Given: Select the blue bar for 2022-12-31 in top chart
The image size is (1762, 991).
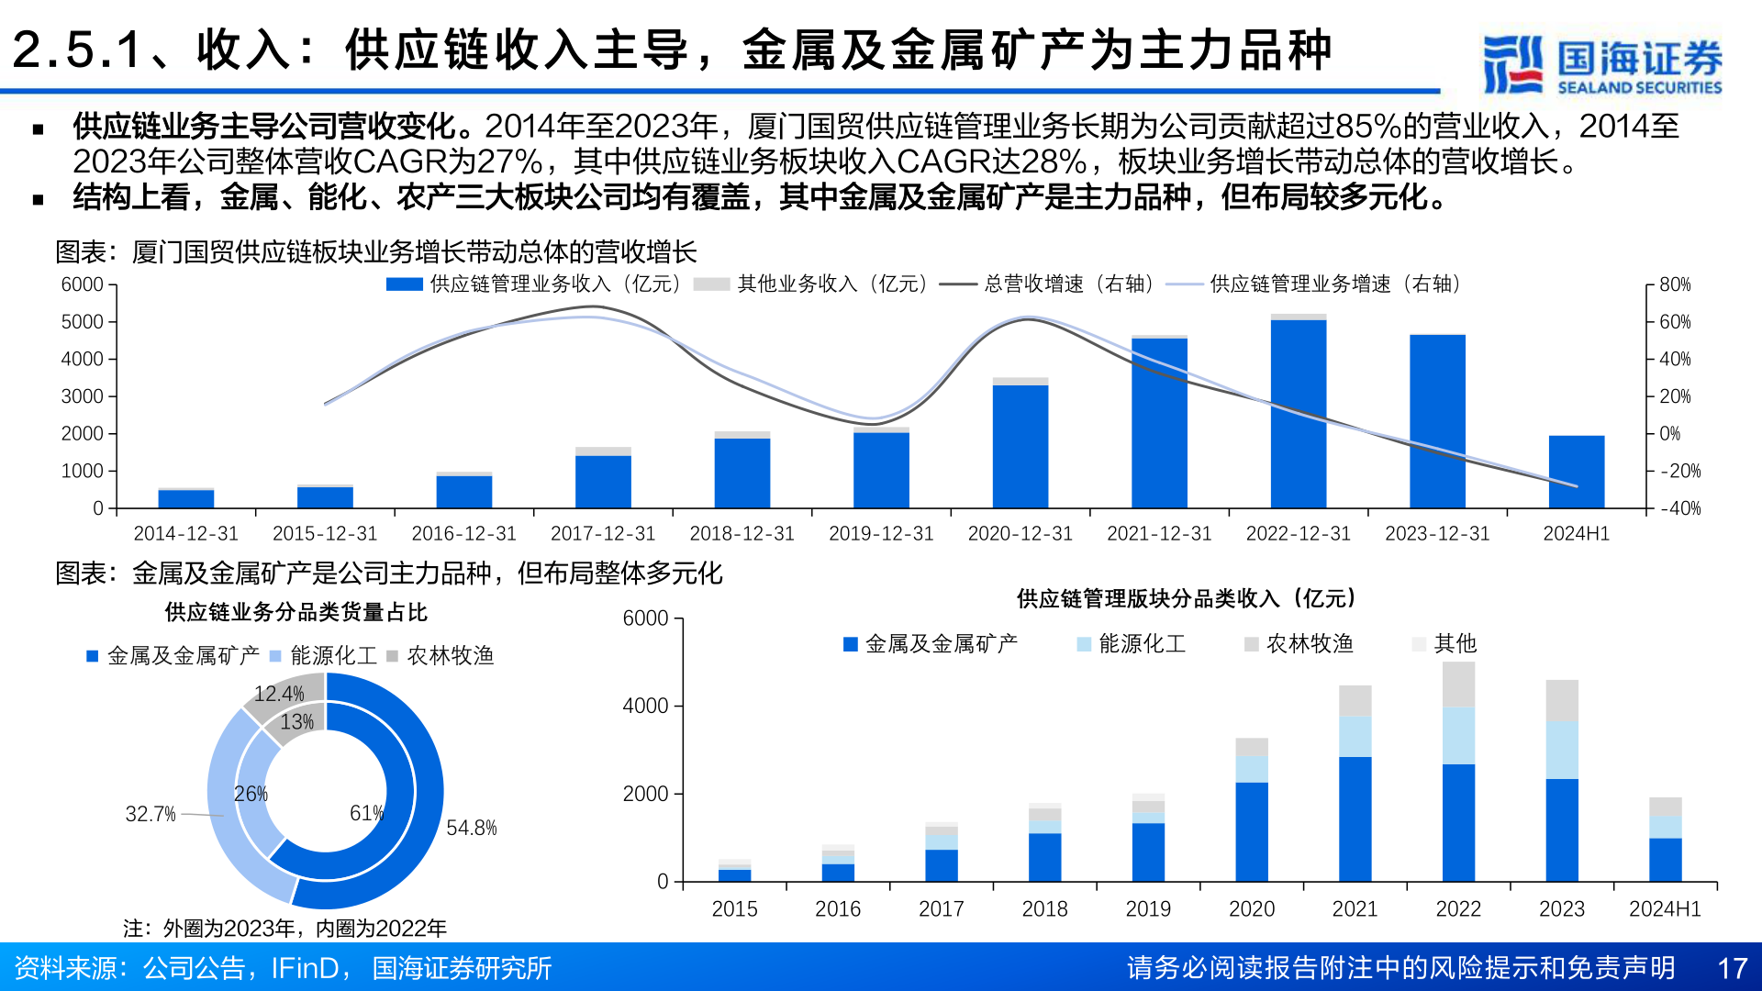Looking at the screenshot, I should pos(1298,413).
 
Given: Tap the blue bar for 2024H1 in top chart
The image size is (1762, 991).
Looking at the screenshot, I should pos(1576,472).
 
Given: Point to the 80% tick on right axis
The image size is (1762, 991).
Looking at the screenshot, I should pos(1674,284).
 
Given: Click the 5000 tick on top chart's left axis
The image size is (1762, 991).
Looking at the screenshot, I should pos(83,322).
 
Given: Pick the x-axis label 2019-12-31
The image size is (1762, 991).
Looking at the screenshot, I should pos(880,533).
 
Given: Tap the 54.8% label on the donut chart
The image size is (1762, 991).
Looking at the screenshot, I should pos(471,828).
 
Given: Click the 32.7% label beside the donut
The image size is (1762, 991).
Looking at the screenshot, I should pos(151,814).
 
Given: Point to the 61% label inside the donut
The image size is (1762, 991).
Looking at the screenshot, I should pos(366,813).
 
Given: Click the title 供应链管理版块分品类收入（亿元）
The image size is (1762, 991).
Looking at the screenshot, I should pos(1186,598).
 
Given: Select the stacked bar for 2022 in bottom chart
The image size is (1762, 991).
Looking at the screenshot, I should pos(1458,771).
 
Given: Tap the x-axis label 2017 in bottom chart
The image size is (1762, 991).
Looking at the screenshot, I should pos(941,908).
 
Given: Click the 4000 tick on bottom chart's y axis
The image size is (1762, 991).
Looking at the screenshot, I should pos(645,706).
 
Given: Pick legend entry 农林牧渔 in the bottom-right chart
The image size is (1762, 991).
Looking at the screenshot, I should pos(1309,643).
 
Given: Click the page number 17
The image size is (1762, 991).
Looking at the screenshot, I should pos(1731,968).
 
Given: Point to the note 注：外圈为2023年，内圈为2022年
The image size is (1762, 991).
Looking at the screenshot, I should pos(284,928).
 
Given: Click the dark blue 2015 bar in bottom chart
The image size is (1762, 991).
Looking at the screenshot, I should pos(734,874).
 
